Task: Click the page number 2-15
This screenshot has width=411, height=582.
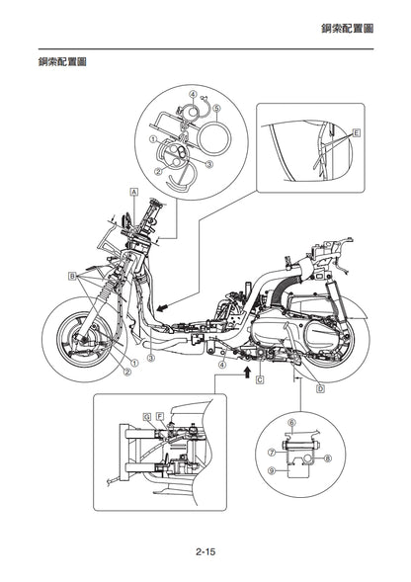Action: click(x=205, y=551)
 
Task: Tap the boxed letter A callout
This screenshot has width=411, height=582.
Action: click(x=134, y=192)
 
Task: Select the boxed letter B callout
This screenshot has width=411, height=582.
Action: click(x=72, y=276)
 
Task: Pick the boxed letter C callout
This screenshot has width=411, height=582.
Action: click(x=260, y=379)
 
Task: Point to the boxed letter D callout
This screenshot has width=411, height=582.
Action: click(x=320, y=388)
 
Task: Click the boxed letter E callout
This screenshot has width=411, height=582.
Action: click(x=356, y=132)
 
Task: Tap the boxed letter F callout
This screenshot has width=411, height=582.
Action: click(x=160, y=416)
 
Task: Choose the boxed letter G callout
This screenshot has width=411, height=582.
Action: click(x=147, y=416)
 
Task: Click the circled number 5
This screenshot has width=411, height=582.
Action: click(x=216, y=108)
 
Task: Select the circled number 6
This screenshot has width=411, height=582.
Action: click(x=291, y=422)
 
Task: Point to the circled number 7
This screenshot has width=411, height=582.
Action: click(x=272, y=453)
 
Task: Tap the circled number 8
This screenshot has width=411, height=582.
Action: click(x=327, y=458)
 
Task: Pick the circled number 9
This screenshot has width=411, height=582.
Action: click(x=272, y=470)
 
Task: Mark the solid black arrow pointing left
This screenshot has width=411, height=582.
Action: click(x=163, y=307)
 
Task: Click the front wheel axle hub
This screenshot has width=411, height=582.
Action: click(x=85, y=338)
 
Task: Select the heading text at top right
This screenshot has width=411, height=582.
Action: click(x=347, y=29)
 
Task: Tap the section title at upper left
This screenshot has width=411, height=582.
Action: click(x=62, y=61)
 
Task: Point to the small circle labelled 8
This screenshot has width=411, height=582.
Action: click(x=308, y=459)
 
